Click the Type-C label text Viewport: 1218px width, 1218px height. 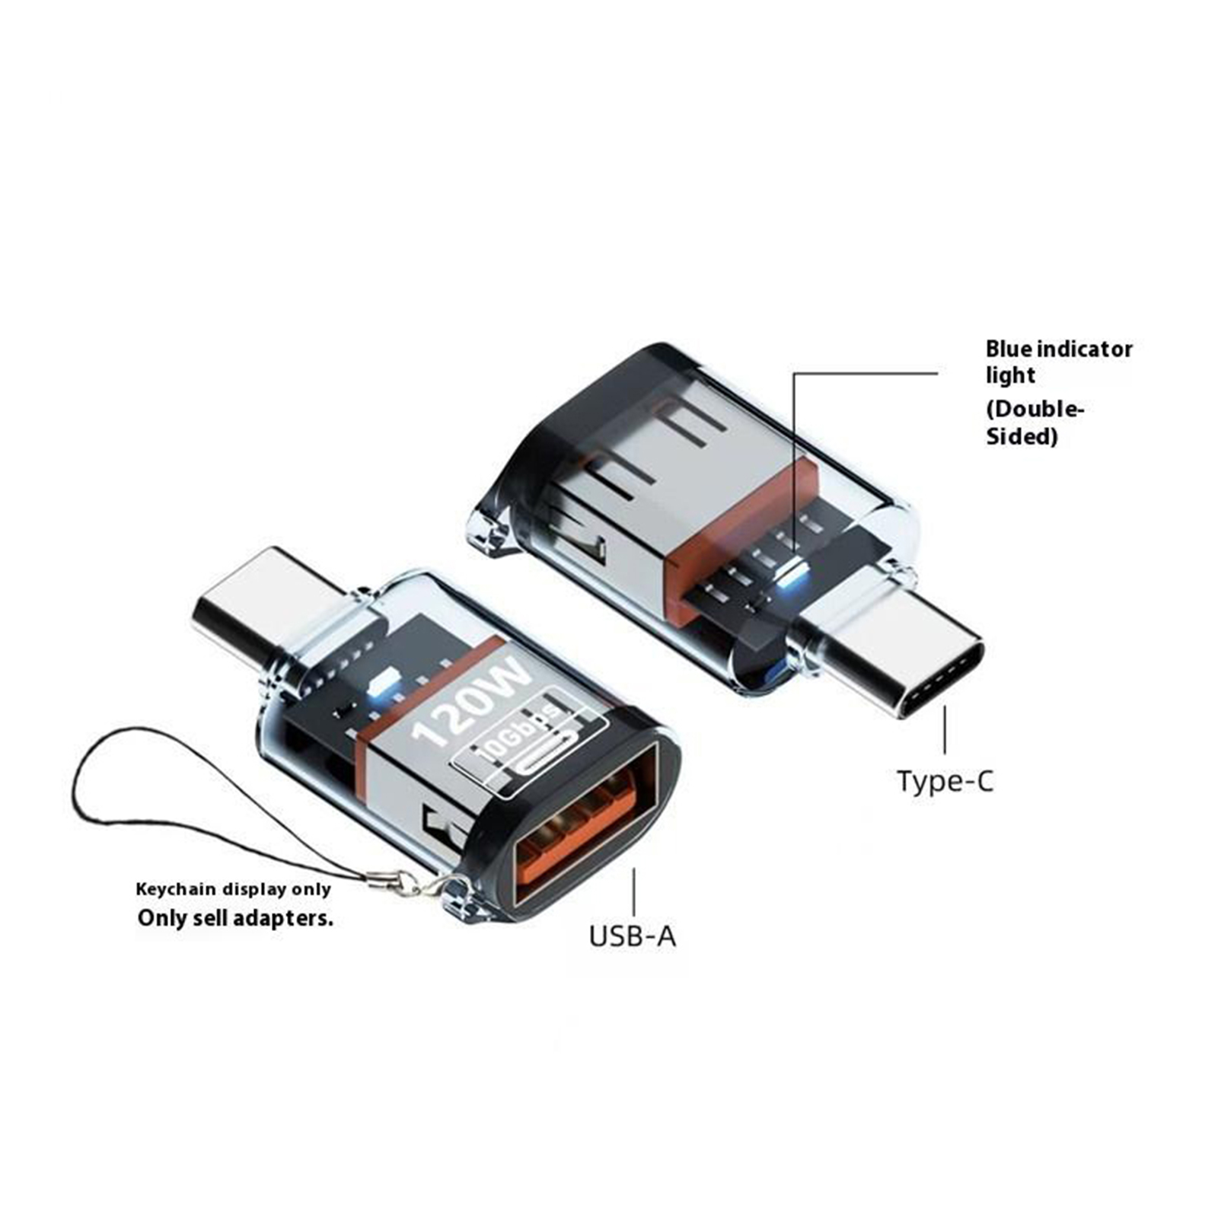945,781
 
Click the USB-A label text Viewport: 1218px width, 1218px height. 633,936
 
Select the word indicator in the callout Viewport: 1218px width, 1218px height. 1085,349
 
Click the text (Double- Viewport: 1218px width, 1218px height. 1035,410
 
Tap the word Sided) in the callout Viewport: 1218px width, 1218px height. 1022,437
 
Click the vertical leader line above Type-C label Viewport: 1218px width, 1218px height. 945,729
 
